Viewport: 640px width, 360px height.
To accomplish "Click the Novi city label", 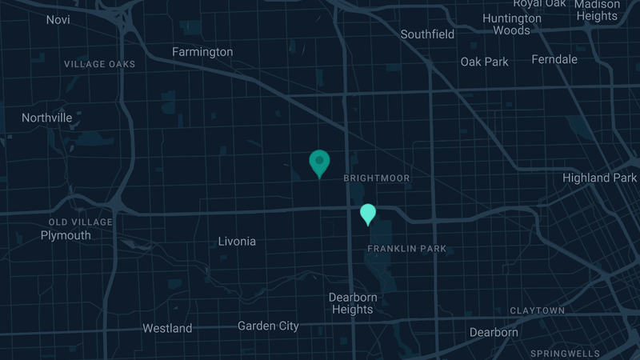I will (58, 19).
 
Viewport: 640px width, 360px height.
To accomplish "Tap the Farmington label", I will (202, 52).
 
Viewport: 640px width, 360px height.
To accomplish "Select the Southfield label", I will (427, 34).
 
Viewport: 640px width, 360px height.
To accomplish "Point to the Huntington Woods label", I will (512, 24).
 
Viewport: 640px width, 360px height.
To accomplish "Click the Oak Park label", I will (484, 62).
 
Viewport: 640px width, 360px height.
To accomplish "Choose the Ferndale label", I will (554, 59).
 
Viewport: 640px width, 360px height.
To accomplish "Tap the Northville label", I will (47, 118).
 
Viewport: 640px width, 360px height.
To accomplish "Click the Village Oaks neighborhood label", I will (100, 64).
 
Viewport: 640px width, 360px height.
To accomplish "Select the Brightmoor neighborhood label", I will (376, 178).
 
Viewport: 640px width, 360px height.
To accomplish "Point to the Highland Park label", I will (599, 178).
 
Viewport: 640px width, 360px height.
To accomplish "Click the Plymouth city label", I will (66, 235).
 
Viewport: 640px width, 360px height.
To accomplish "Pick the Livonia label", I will (237, 241).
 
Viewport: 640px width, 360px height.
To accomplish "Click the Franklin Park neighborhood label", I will (406, 249).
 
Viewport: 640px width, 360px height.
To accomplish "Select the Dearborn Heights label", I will (353, 303).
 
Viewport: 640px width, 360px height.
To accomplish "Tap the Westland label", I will (167, 328).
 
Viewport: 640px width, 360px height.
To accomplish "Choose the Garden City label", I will (268, 326).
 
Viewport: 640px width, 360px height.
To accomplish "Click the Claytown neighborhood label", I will (537, 310).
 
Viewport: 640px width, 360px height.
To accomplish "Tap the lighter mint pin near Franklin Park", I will (368, 214).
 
